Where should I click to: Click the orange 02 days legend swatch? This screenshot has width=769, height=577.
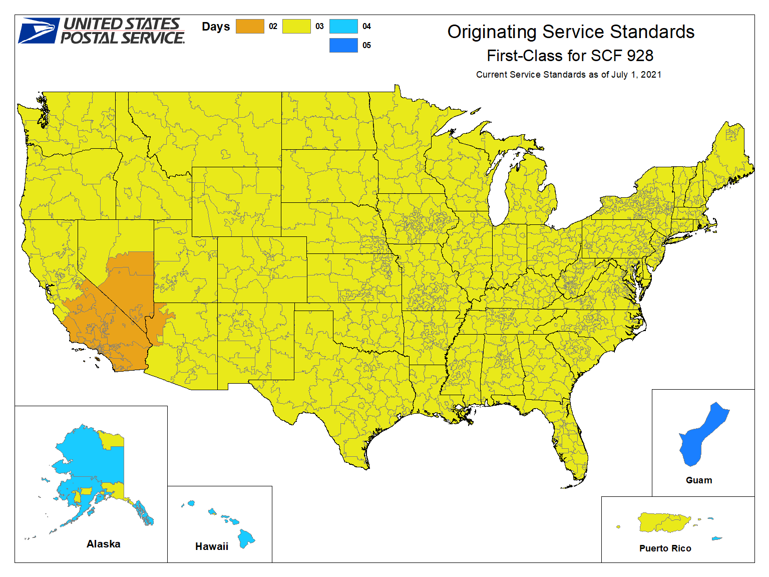[x=250, y=26]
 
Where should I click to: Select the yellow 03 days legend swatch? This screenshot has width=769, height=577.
[x=296, y=26]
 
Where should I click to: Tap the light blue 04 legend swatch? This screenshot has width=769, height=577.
[x=343, y=26]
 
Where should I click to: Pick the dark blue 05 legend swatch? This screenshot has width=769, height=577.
[x=343, y=45]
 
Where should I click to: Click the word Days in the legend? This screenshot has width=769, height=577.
[x=216, y=27]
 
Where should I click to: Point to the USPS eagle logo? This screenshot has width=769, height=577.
[x=39, y=31]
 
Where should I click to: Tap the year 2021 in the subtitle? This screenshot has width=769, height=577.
[x=651, y=75]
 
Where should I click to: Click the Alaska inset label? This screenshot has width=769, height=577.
[x=103, y=544]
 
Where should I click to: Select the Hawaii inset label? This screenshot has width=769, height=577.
[x=211, y=546]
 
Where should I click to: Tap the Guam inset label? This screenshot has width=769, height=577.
[x=698, y=480]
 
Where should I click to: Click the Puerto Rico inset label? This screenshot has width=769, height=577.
[x=665, y=548]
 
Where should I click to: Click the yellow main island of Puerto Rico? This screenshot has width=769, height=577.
[x=664, y=522]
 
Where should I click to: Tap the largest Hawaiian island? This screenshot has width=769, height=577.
[x=246, y=538]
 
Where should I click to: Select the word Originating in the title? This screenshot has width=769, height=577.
[x=492, y=32]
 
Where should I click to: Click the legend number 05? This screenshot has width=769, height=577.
[x=366, y=46]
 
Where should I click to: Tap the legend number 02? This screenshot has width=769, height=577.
[x=273, y=27]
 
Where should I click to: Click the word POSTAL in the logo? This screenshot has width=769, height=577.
[x=89, y=38]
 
